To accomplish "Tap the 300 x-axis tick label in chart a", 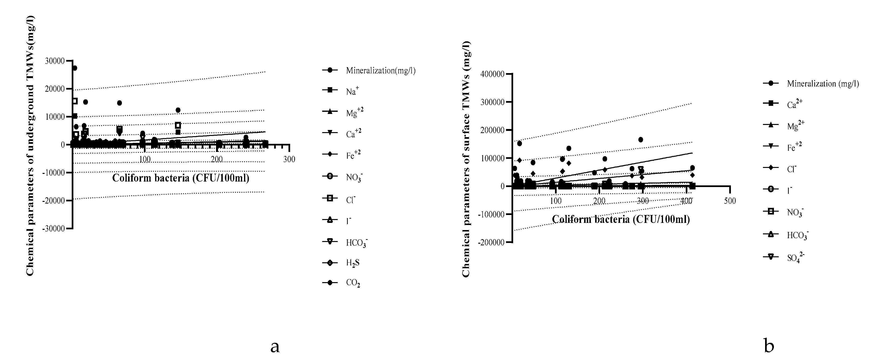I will click(289, 159).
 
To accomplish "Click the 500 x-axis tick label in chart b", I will click(730, 201).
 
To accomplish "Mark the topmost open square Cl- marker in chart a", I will click(75, 101).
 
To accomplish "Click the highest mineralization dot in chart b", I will click(640, 140).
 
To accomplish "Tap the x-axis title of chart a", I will click(181, 178).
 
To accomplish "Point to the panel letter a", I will click(275, 346).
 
